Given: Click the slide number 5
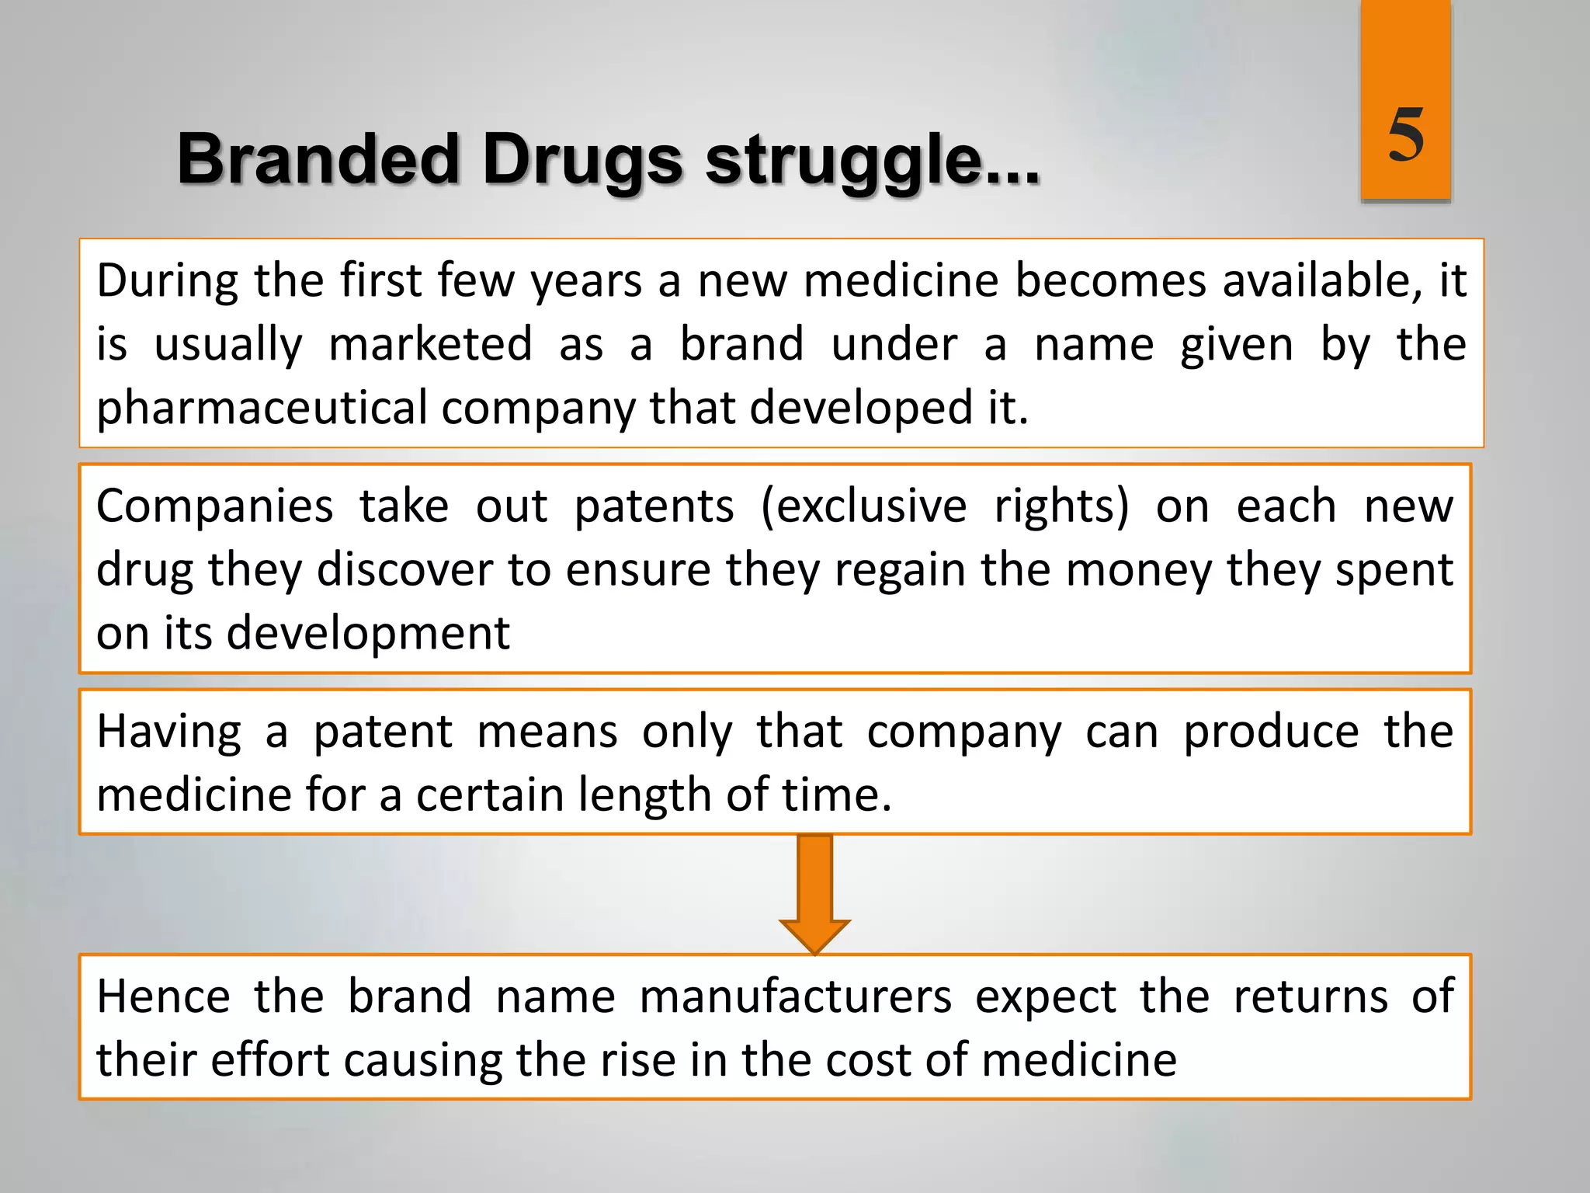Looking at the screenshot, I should tap(1405, 135).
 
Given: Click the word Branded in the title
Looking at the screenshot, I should tap(318, 160).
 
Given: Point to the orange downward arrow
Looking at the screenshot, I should tap(814, 893).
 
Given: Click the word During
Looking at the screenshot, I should tap(167, 281).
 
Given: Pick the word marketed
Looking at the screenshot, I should tap(430, 345).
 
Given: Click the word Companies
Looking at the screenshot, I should tap(215, 506).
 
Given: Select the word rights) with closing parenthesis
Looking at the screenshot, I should tap(1061, 506).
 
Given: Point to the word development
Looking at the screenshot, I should tap(368, 633).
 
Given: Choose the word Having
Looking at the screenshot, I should tap(168, 732).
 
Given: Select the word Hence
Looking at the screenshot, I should tap(163, 996).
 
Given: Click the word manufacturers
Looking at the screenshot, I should tap(795, 996).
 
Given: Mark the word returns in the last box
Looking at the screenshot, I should tap(1310, 996).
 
